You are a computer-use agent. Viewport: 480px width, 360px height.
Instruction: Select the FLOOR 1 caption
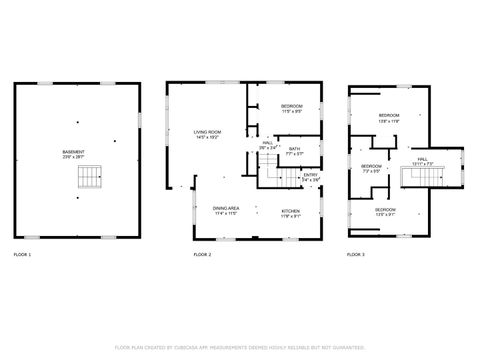(22, 256)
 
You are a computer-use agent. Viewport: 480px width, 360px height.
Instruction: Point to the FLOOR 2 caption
(203, 256)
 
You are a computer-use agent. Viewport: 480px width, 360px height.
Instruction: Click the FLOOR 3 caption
(356, 256)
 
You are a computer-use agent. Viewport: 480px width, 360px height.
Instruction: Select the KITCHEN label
(290, 210)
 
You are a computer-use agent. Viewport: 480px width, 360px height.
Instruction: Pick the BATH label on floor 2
(294, 148)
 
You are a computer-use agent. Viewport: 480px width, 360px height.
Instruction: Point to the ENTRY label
(312, 176)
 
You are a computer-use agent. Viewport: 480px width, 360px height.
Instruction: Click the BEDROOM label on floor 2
(292, 105)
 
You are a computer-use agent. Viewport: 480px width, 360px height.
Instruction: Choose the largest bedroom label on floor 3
(388, 116)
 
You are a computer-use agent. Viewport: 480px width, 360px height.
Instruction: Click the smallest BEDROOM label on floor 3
(371, 165)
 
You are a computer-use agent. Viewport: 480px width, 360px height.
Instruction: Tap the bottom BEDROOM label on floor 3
(385, 210)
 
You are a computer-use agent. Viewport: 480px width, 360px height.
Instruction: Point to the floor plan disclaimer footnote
(240, 347)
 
